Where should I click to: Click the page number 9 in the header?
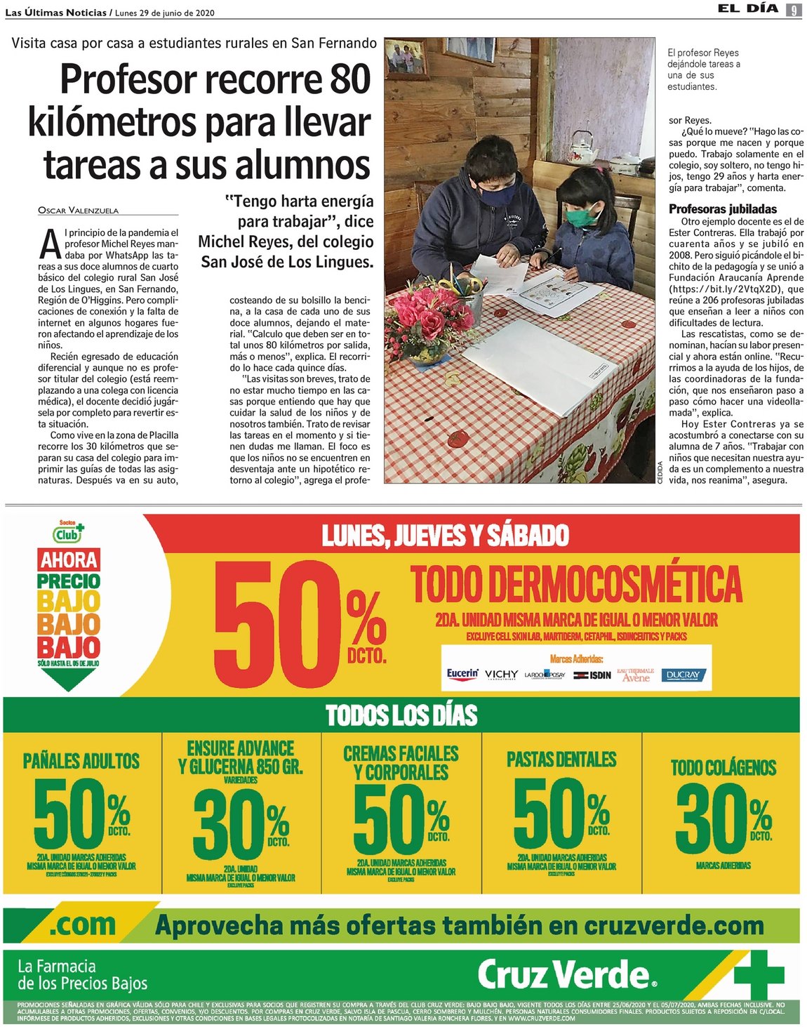(x=794, y=10)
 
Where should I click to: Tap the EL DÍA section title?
(x=747, y=9)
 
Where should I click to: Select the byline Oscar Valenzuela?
(x=79, y=210)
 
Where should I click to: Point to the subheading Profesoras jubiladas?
(x=723, y=208)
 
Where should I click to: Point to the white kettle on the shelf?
(x=582, y=147)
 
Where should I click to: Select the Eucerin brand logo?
(x=462, y=674)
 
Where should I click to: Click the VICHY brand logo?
(x=501, y=675)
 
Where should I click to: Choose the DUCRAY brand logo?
(x=683, y=675)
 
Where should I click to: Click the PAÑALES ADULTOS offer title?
(x=81, y=760)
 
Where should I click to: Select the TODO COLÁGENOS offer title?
(x=723, y=767)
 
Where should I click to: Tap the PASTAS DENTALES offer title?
(x=561, y=759)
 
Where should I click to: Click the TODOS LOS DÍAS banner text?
(x=401, y=715)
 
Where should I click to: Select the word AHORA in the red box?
(x=69, y=559)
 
